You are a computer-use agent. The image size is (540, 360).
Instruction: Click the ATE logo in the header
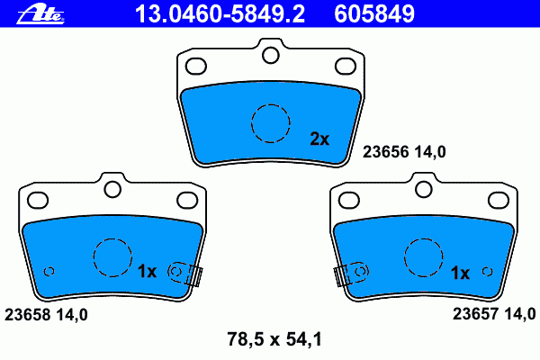pos(40,14)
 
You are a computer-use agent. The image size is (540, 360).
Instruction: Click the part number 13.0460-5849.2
pos(220,13)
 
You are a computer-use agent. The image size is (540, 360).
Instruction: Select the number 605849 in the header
pos(374,13)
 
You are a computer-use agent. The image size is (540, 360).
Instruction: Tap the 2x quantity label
pos(319,139)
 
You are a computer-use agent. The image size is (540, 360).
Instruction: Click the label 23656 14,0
pos(404,151)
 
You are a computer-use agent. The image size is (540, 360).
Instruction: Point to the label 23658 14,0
pos(46,314)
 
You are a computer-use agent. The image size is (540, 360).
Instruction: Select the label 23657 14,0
pos(494,314)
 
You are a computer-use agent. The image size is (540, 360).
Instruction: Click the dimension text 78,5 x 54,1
pos(274,339)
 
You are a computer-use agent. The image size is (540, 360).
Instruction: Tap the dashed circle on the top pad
pos(271,104)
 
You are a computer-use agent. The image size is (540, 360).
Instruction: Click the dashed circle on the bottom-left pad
pos(112,238)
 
